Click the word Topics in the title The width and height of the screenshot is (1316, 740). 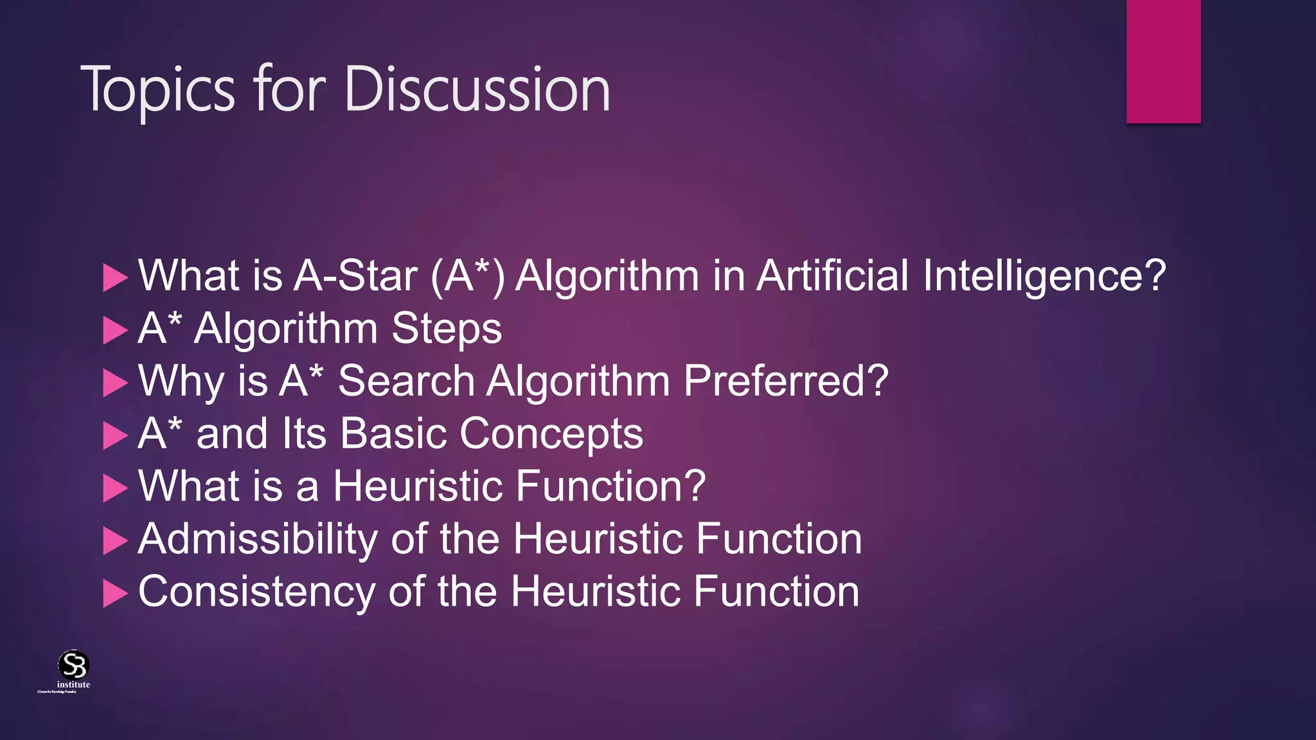point(158,90)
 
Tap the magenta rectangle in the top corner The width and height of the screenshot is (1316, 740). point(1163,61)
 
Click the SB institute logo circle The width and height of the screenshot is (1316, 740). point(73,664)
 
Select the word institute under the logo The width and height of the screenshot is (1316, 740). point(73,685)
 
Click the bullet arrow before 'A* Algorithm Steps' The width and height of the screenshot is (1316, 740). point(115,331)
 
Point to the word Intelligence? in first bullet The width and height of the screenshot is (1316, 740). point(1044,276)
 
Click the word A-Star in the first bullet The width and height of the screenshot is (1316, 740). point(355,276)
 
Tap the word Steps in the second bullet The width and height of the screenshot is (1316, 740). point(447,329)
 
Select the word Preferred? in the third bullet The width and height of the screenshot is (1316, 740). point(785,382)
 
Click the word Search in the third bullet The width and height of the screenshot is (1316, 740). point(406,382)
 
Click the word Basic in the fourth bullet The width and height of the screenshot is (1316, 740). point(393,434)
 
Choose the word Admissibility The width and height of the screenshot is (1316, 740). point(258,539)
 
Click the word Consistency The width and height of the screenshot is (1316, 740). point(256,592)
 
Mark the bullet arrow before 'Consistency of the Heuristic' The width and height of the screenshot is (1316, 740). point(115,594)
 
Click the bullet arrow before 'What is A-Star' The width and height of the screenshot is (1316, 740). point(115,278)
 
